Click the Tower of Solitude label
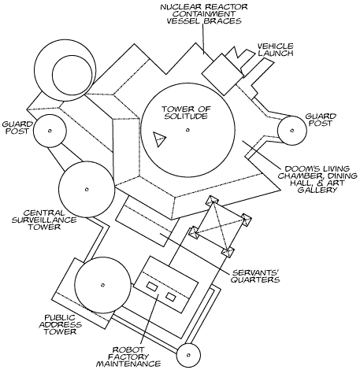(186, 113)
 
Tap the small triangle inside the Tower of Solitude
(159, 139)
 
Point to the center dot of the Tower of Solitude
(187, 130)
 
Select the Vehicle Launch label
(275, 50)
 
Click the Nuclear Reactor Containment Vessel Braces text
(204, 13)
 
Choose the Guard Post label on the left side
(17, 128)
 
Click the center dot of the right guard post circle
(292, 131)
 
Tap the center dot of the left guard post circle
(50, 131)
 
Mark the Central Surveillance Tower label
(44, 220)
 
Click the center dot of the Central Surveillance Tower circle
(87, 189)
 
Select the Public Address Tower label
(61, 324)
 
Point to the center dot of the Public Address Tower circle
(103, 285)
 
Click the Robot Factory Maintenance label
(128, 357)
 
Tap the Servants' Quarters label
(255, 276)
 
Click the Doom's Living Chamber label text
(317, 179)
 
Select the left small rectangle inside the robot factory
(152, 287)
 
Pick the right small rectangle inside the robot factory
(171, 297)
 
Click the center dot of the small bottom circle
(188, 355)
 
